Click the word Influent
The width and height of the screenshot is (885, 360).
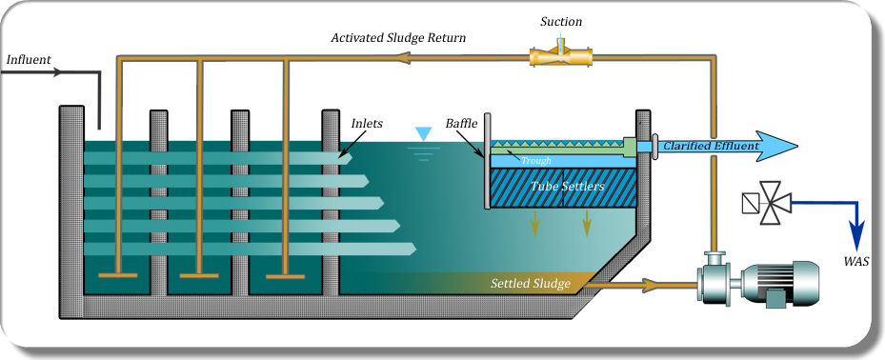29,59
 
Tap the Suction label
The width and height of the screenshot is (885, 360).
561,21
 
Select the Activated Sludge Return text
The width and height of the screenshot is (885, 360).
397,38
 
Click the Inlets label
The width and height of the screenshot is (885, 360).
369,124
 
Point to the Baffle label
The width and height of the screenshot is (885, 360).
462,124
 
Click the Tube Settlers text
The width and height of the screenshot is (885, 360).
569,187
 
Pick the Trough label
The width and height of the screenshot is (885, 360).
536,161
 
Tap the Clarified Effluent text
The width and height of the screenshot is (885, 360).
711,146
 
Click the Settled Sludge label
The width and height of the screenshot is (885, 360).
530,284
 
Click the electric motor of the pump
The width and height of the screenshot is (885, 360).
781,282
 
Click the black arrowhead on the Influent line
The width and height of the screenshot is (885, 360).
58,72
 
